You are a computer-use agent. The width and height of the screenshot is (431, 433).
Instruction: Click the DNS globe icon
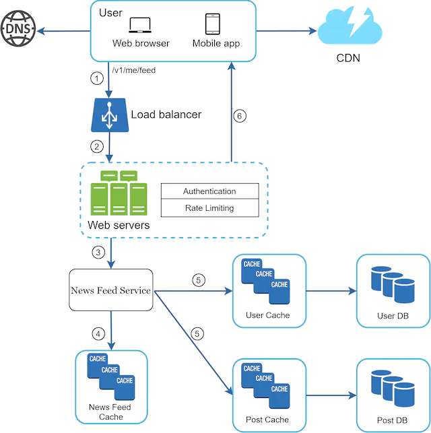18,30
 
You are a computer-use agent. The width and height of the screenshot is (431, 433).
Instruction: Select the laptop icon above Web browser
141,25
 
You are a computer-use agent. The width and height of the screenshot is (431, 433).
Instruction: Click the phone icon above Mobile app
213,24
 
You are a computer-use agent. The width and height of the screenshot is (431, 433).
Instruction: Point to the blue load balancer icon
110,114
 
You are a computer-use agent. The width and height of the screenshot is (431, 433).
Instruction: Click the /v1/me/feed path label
133,69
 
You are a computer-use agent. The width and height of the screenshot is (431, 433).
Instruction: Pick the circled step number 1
97,79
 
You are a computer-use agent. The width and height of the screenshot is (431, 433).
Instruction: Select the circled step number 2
97,146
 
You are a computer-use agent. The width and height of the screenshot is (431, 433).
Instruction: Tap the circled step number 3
98,253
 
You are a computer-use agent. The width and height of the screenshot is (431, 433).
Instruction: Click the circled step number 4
98,333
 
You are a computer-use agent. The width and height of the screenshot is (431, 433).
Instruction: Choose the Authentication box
209,191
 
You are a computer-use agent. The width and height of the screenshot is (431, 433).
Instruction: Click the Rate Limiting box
209,208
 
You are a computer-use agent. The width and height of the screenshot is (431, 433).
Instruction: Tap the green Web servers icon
119,193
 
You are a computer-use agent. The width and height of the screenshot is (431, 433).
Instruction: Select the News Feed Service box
110,291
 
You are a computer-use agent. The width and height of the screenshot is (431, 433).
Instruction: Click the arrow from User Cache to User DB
332,292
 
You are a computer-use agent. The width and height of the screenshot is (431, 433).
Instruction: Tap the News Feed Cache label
110,412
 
